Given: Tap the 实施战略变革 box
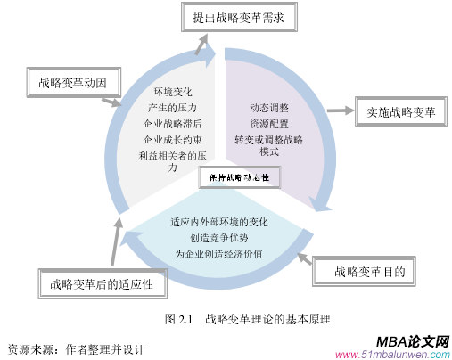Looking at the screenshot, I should click(x=399, y=113).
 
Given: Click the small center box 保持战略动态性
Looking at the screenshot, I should click(x=240, y=178).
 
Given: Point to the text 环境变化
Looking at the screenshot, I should click(x=173, y=93).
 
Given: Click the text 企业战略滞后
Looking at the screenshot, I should click(x=172, y=124).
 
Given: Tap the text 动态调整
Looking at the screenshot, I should click(x=269, y=108).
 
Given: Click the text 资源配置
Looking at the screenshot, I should click(x=269, y=124).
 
